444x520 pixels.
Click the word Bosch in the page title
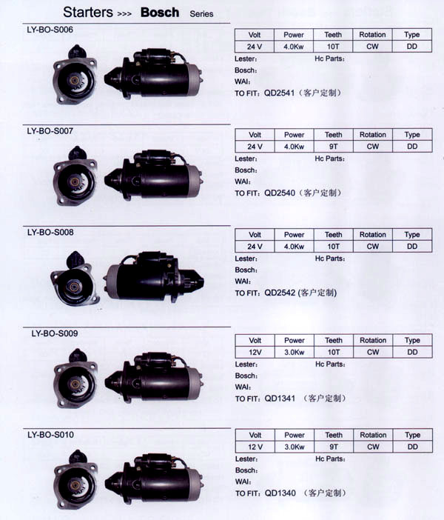tap(160, 13)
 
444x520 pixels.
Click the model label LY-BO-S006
tap(50, 30)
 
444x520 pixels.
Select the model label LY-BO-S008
tap(50, 232)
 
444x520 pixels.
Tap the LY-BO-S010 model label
tap(51, 434)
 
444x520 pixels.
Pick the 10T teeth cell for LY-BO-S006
tap(333, 47)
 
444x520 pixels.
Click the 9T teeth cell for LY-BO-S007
tap(333, 147)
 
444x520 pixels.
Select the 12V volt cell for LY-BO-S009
tap(255, 352)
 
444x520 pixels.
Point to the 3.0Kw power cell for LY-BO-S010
tap(295, 447)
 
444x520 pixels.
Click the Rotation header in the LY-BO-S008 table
tap(373, 235)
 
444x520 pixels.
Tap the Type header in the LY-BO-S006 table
tap(412, 35)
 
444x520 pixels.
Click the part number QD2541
tap(279, 93)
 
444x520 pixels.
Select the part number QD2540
tap(279, 193)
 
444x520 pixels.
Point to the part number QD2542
tap(280, 293)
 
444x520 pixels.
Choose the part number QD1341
tap(280, 399)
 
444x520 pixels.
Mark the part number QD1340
tap(280, 493)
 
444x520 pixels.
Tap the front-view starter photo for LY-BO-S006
tap(75, 75)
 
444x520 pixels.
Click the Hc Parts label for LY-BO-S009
tap(330, 364)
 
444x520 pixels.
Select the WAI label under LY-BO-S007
tap(243, 181)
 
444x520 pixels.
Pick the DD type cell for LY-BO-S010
tap(412, 447)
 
